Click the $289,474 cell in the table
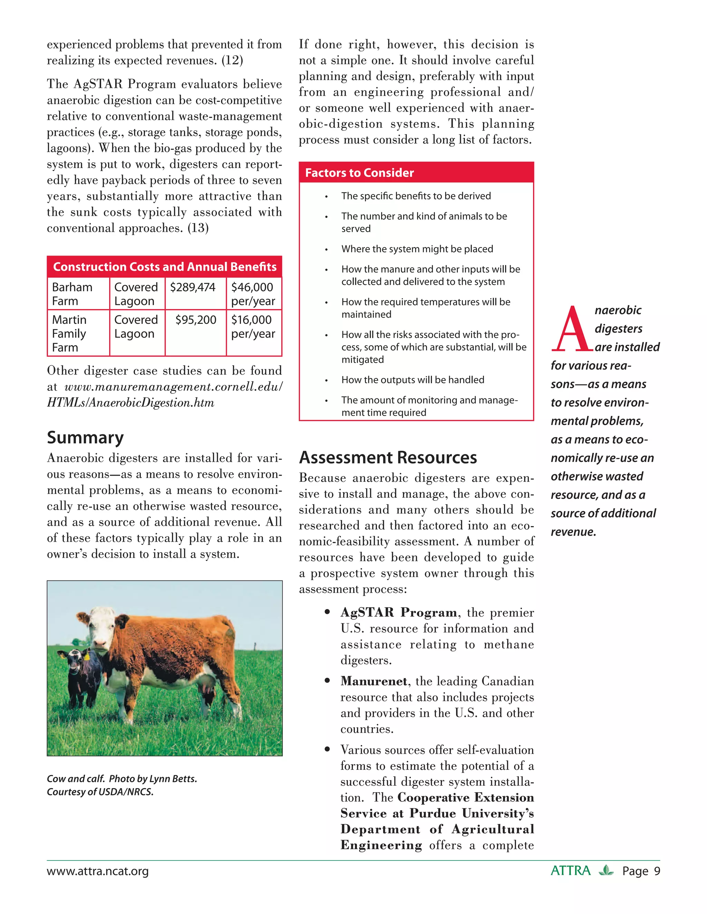click(193, 288)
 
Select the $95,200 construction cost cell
click(196, 320)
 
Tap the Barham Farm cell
click(72, 294)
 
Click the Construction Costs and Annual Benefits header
click(165, 267)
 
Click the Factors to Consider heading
click(359, 173)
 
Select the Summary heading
click(86, 438)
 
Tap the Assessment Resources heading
click(388, 457)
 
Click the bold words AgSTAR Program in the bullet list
click(398, 612)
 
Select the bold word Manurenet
click(374, 681)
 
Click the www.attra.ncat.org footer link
click(98, 871)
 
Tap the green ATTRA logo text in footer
click(570, 871)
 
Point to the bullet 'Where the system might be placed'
click(417, 249)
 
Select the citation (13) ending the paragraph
click(198, 228)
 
